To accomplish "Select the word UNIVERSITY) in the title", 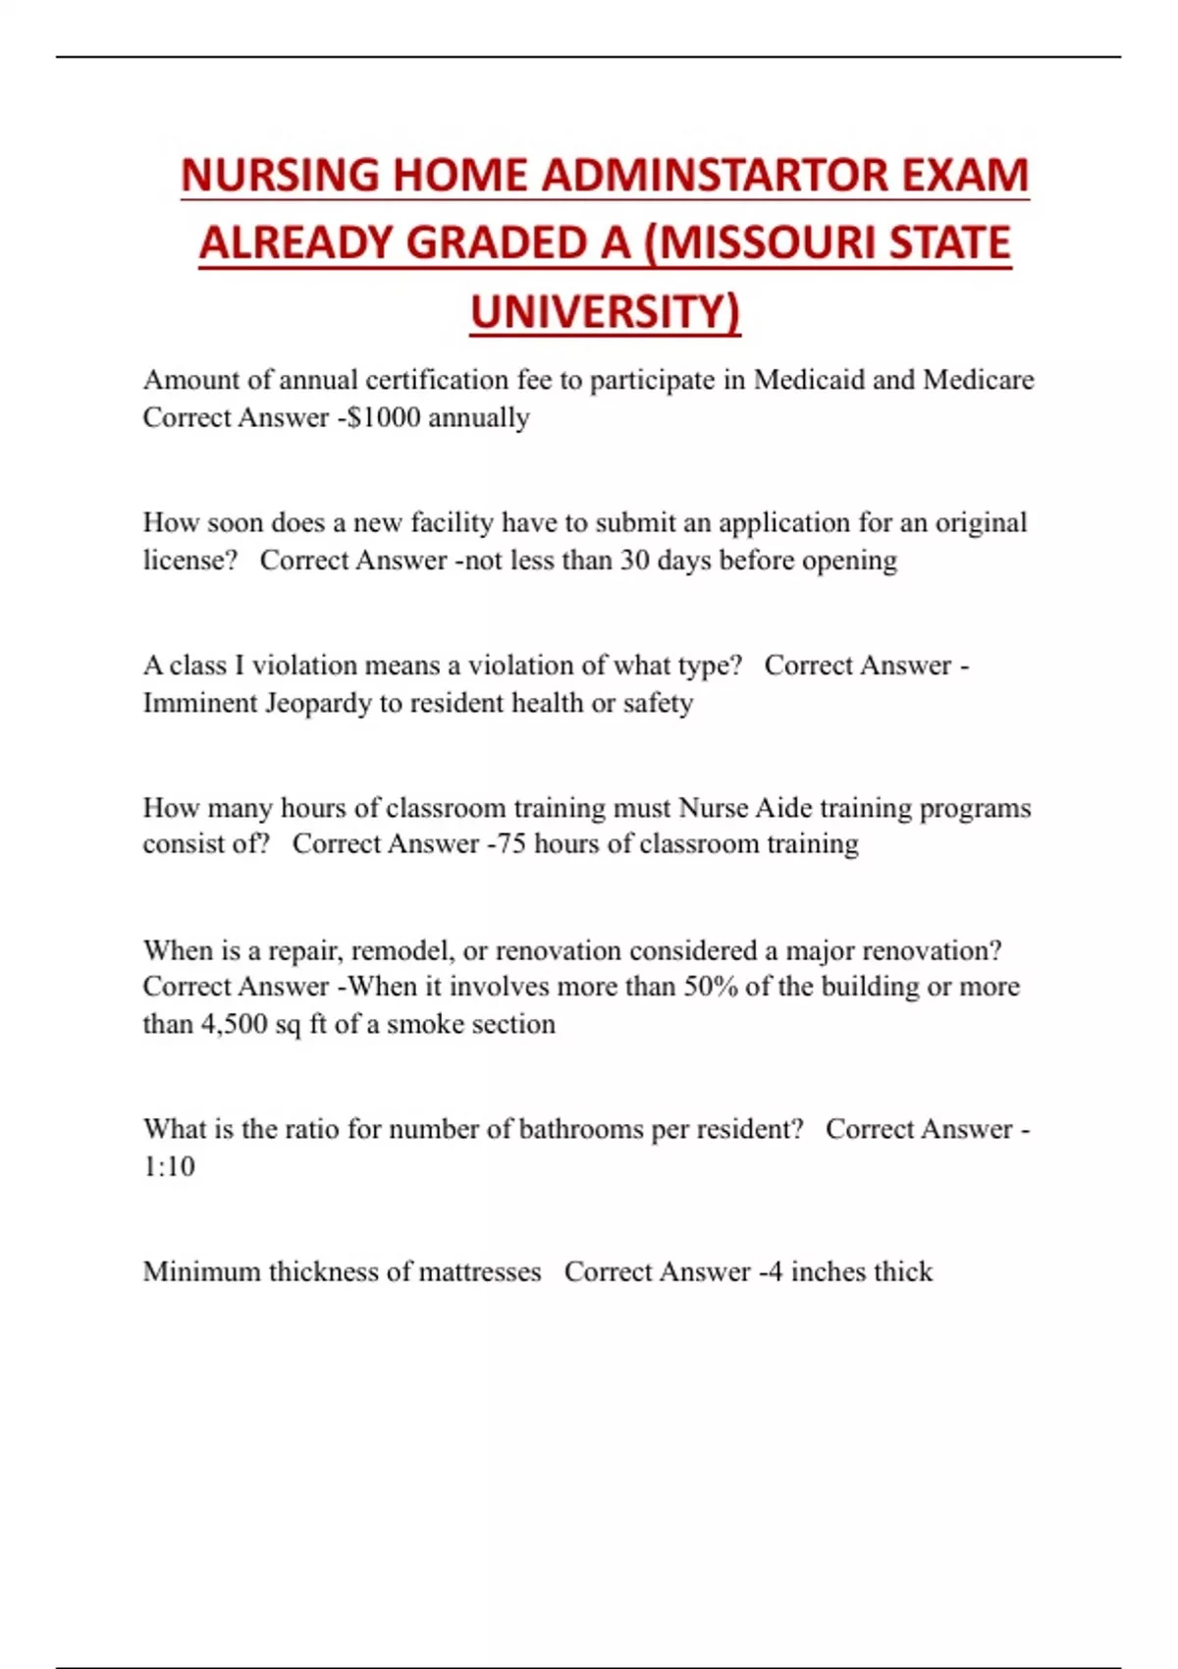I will pyautogui.click(x=605, y=312).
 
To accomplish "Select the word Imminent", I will pyautogui.click(x=199, y=703).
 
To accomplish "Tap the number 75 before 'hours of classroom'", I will pyautogui.click(x=511, y=844).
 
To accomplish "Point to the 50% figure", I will pyautogui.click(x=710, y=987).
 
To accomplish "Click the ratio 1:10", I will pyautogui.click(x=169, y=1166).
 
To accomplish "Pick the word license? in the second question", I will pyautogui.click(x=189, y=561).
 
